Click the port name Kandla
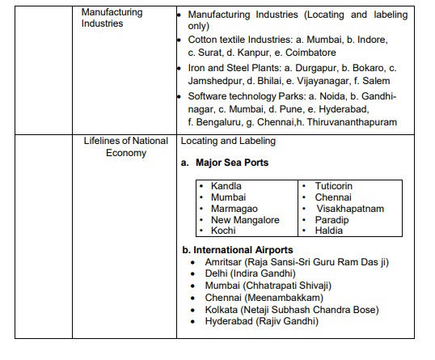[x=226, y=186]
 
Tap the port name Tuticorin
[x=333, y=186]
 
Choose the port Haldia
[x=328, y=231]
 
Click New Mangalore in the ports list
[x=245, y=220]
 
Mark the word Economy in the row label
[x=125, y=153]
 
